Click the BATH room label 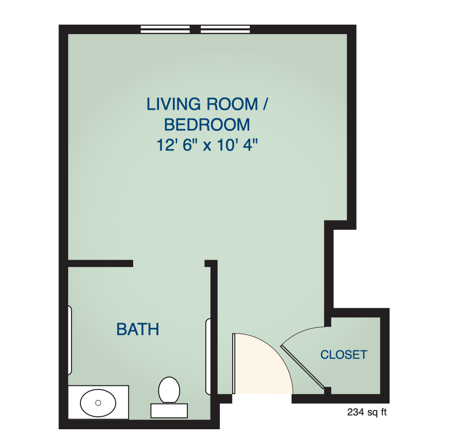click(x=138, y=329)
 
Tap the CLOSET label click(x=344, y=355)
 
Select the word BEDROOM click(x=207, y=125)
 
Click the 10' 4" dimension click(x=237, y=145)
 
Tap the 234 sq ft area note click(x=367, y=412)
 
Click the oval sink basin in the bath click(x=98, y=403)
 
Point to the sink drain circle click(x=98, y=403)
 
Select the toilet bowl click(x=169, y=390)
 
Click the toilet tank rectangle click(x=169, y=411)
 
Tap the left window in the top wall click(x=165, y=29)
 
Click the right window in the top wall click(x=225, y=29)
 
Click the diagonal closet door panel click(x=302, y=366)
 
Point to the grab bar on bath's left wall click(x=70, y=340)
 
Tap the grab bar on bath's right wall click(x=208, y=357)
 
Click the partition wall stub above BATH click(x=100, y=263)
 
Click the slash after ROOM click(x=265, y=104)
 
